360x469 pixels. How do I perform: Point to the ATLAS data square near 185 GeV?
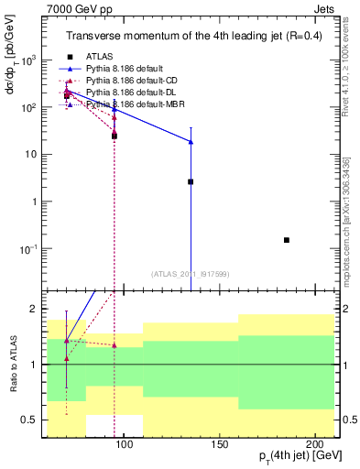[287, 240]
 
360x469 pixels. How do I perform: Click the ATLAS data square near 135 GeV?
[191, 181]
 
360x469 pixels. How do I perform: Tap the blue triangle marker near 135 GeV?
[191, 141]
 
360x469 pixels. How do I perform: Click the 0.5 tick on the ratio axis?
[46, 420]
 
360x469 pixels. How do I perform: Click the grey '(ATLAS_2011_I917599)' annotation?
[191, 273]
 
